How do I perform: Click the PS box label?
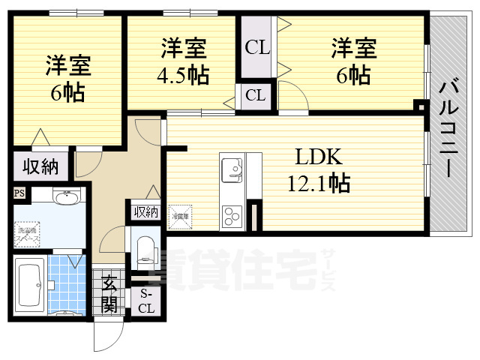(18, 193)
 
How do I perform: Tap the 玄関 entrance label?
(109, 294)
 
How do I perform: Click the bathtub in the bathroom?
(28, 284)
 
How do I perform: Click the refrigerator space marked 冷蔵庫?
(179, 214)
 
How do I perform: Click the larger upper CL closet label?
(257, 48)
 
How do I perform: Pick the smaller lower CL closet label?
(255, 95)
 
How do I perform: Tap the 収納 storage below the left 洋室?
(39, 166)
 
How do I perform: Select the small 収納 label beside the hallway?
(146, 211)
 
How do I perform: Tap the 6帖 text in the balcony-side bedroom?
(353, 75)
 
